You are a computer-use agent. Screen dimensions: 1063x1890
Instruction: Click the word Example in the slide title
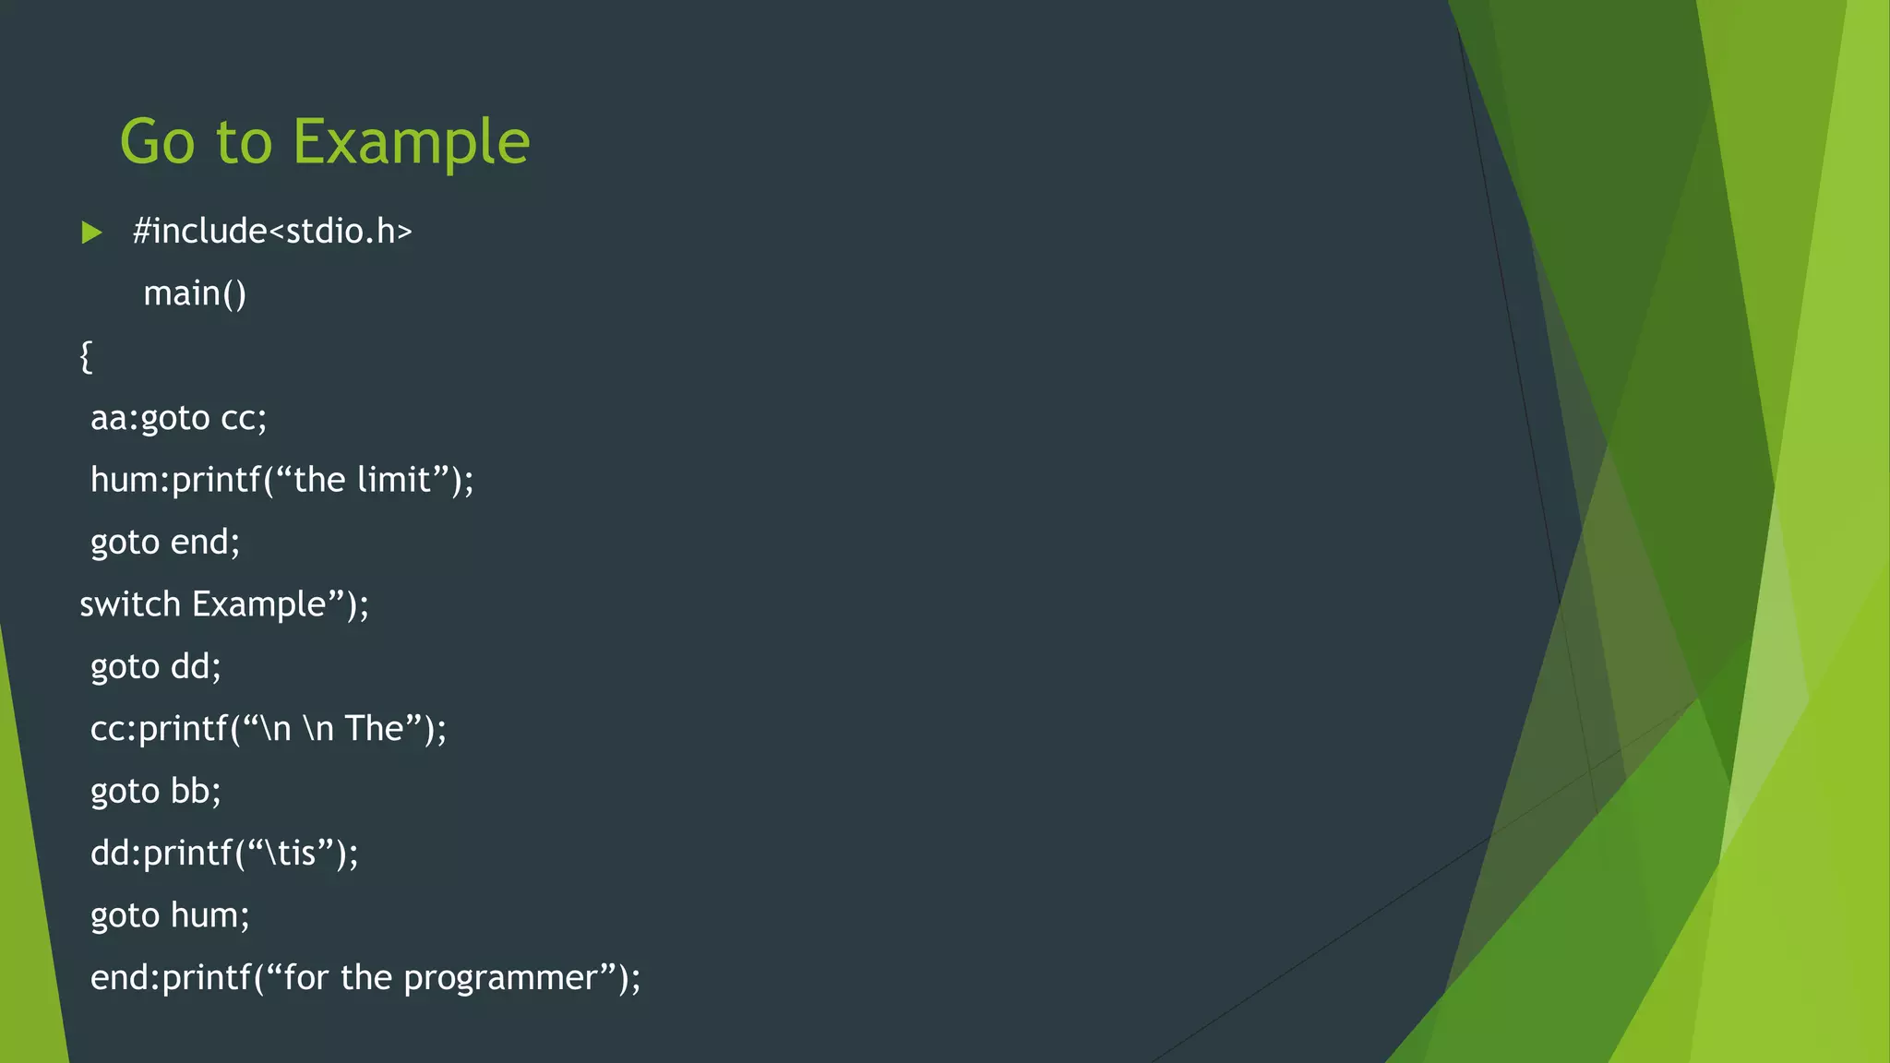[x=412, y=143]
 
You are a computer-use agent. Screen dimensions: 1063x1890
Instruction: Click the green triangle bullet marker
[x=91, y=233]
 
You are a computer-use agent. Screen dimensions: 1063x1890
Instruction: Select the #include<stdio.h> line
[x=272, y=232]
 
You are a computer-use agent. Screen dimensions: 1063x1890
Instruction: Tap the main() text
[x=195, y=293]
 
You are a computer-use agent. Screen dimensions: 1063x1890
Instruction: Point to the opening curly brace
[x=86, y=356]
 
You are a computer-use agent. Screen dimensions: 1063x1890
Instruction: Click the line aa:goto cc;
[x=178, y=418]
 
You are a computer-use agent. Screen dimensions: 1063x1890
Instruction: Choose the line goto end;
[x=165, y=543]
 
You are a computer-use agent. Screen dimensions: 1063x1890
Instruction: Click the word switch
[x=130, y=604]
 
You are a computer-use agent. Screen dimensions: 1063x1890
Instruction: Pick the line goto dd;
[x=156, y=666]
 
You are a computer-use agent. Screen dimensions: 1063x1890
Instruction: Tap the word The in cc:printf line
[x=375, y=729]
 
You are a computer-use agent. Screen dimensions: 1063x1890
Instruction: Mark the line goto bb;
[x=156, y=792]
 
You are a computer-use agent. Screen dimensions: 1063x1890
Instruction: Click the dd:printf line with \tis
[x=224, y=854]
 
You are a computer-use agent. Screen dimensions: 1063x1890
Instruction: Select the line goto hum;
[x=170, y=915]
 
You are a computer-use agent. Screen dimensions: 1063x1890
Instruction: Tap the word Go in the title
[x=158, y=143]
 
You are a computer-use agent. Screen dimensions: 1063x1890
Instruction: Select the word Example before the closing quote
[x=259, y=604]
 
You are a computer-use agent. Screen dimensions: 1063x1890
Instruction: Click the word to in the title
[x=245, y=143]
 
